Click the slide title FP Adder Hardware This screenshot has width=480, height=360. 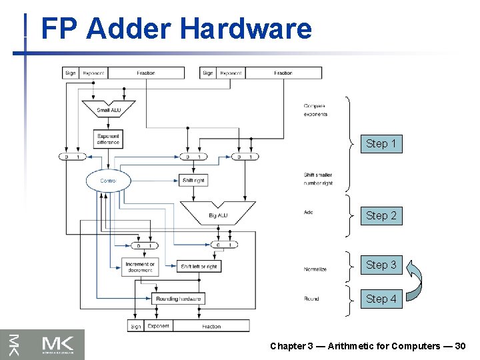pos(176,29)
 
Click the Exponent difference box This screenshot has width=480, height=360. pos(108,139)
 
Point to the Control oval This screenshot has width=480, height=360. pos(108,181)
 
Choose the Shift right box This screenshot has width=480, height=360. pos(193,181)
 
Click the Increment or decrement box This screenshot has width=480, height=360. pos(140,266)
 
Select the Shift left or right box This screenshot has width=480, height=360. pos(199,266)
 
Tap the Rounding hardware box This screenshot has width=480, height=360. pos(178,299)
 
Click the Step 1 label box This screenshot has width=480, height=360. pos(381,143)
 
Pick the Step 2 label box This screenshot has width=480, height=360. pos(381,215)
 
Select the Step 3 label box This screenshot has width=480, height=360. pos(381,265)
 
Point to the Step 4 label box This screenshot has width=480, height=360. pos(381,299)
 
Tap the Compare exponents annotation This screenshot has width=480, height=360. pos(315,110)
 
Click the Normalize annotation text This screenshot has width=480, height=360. pos(315,269)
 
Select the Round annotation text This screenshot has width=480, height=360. pos(311,299)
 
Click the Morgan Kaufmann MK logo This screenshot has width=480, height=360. pos(43,344)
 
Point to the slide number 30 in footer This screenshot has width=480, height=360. pos(460,346)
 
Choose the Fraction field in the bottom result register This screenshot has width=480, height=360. pos(211,326)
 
